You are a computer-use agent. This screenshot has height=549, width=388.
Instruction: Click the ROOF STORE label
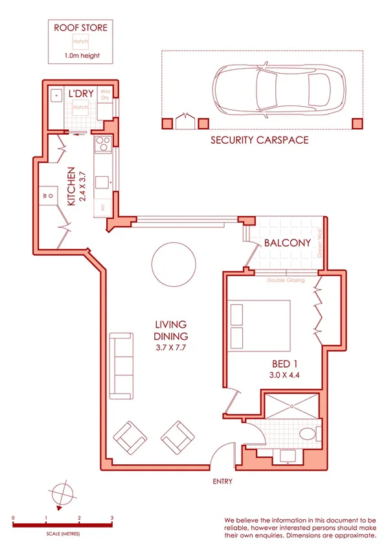(80, 28)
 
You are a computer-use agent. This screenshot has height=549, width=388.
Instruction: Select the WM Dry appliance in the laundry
(105, 96)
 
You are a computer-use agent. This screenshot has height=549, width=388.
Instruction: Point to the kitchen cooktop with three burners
(102, 146)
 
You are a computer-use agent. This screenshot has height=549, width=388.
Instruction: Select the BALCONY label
(288, 243)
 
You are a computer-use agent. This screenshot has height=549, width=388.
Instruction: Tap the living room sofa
(120, 365)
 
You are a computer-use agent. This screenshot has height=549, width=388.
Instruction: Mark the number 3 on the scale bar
(112, 519)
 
